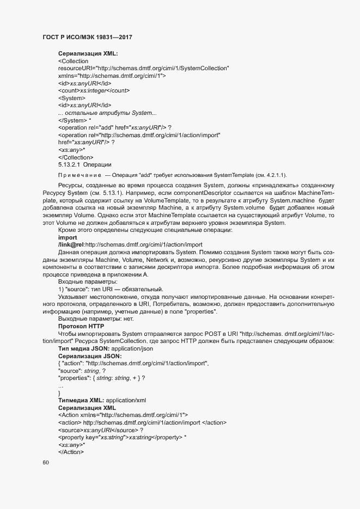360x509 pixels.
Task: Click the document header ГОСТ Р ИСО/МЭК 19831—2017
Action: (87, 38)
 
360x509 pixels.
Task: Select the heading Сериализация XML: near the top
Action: (88, 53)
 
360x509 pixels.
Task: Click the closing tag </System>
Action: (73, 120)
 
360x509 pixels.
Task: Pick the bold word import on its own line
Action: (68, 237)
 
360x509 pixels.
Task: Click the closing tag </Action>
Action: (71, 451)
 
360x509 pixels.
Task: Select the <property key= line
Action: (122, 437)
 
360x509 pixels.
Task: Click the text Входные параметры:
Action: (84, 281)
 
